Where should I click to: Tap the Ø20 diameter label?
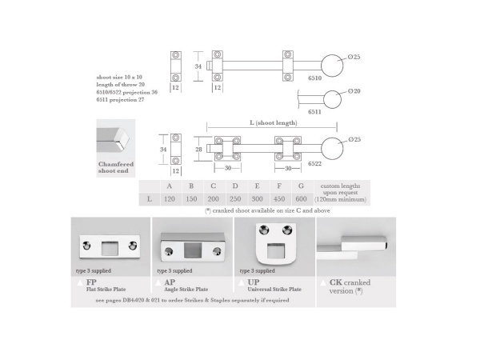tap(354, 92)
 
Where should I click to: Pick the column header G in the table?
tap(300, 186)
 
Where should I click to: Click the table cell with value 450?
tap(278, 198)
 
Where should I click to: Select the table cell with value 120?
tap(169, 198)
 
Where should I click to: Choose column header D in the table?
tap(234, 186)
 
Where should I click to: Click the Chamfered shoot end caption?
tap(110, 167)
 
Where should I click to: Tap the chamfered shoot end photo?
tap(113, 138)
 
